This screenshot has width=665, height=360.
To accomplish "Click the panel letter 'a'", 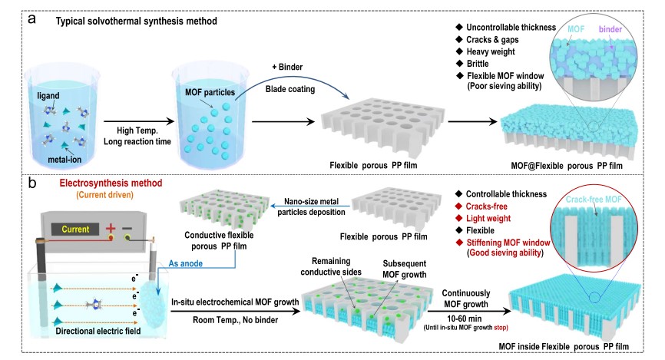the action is pos(31,19).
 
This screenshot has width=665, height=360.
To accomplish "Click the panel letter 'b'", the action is pos(31,183).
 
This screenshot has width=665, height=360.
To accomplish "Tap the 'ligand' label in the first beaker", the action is pos(48,96).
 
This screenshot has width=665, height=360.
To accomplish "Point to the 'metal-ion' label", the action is pos(65,160).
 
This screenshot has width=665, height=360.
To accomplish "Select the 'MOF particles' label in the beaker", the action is pos(210,92).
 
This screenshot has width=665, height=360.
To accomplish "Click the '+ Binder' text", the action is pos(287,67).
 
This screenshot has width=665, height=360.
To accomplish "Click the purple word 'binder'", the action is pos(610,29).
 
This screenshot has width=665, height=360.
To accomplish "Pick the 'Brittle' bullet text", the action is pos(478,64).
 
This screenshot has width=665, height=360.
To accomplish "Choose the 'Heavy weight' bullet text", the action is pos(491,51).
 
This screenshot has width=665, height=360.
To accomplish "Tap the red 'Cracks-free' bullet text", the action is pos(486,206).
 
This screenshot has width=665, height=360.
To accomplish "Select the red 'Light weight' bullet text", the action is pos(488,218).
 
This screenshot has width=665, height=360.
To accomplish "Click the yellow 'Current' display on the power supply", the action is pos(75,229).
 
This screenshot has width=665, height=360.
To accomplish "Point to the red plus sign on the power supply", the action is pos(111,228).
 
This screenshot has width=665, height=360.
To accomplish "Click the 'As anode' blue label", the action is pos(185,263).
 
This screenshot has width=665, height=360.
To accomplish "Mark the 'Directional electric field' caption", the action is pos(98,331).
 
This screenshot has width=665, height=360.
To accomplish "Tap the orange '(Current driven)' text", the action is pos(104,195).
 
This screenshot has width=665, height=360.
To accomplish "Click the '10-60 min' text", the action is pos(464,319).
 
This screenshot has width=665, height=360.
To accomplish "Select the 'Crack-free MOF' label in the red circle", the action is pos(594,200).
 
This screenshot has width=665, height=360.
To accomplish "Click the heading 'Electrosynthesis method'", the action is pos(111,183).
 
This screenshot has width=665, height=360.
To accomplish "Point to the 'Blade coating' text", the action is pos(290,90).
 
